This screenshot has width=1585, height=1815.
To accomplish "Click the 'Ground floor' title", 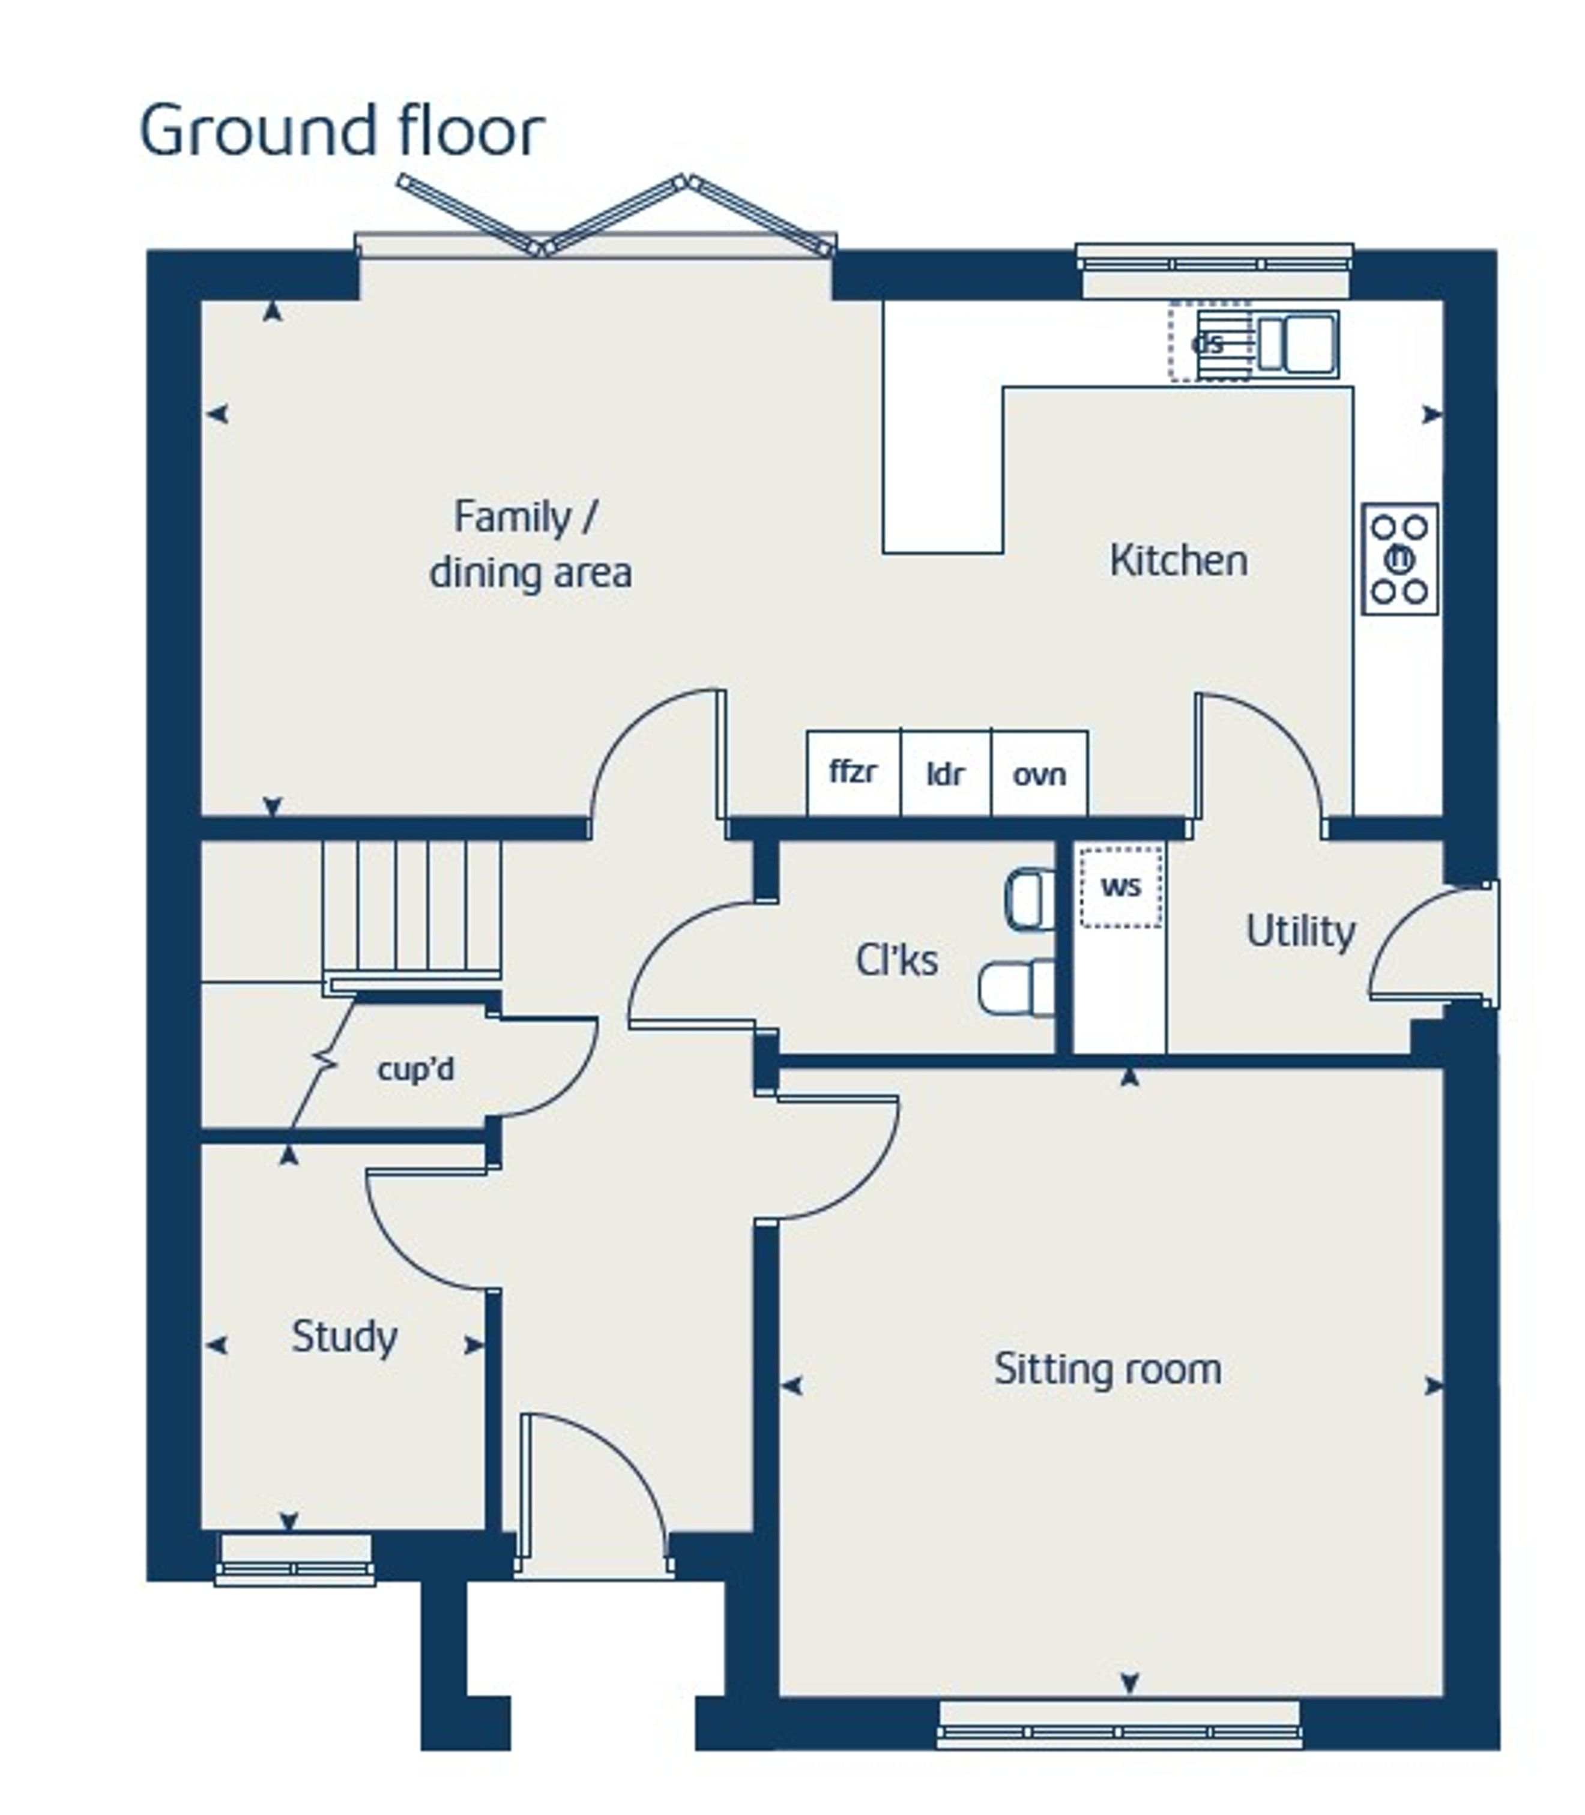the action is click(342, 131).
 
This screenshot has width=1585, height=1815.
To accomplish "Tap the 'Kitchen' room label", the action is click(1178, 561).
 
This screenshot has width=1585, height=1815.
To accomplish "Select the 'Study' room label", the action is click(344, 1336).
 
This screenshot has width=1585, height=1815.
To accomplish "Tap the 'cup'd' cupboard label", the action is click(415, 1069).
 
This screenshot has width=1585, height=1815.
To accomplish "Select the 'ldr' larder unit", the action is click(946, 772).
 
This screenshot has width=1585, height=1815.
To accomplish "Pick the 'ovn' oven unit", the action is click(1040, 772).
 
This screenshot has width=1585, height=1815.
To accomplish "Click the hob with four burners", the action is click(1400, 559).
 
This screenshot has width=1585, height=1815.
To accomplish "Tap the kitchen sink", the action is click(1297, 344).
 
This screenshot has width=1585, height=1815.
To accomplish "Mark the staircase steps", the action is click(411, 911).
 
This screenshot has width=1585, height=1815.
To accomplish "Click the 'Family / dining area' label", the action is click(531, 544).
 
